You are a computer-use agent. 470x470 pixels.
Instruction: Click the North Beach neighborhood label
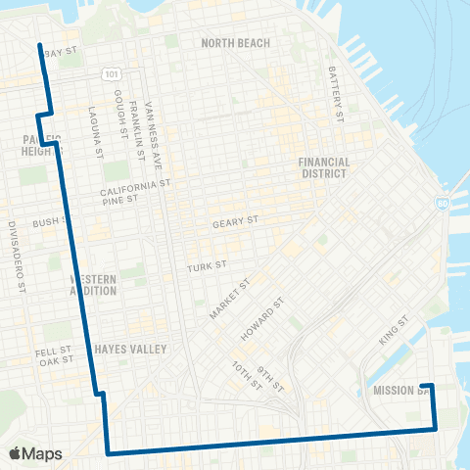click(235, 43)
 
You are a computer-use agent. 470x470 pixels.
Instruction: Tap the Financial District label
click(323, 167)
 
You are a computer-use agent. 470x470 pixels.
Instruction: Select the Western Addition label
click(94, 285)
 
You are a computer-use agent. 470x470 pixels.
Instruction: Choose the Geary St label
click(234, 223)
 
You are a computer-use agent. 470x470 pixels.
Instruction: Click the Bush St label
click(46, 223)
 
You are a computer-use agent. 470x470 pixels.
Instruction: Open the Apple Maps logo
click(34, 453)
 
